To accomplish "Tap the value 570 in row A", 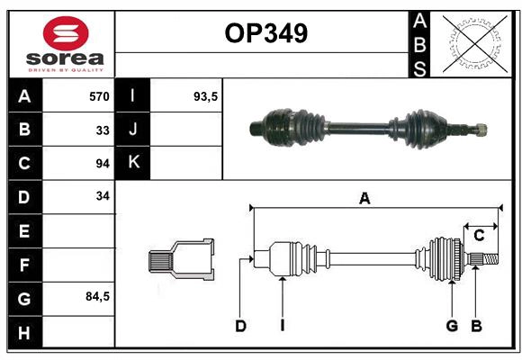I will pyautogui.click(x=98, y=96).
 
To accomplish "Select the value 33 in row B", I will pyautogui.click(x=103, y=130).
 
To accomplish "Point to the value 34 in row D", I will pyautogui.click(x=103, y=196).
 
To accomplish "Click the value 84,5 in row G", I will pyautogui.click(x=97, y=296).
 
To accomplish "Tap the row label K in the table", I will pyautogui.click(x=134, y=163).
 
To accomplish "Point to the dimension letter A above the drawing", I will pyautogui.click(x=364, y=199).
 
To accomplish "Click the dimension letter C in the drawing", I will pyautogui.click(x=480, y=236).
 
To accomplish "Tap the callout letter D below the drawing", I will pyautogui.click(x=240, y=326).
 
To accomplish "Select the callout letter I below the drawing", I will pyautogui.click(x=282, y=326).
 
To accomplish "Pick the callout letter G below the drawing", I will pyautogui.click(x=452, y=326).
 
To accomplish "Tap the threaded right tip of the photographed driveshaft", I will pyautogui.click(x=481, y=129).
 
